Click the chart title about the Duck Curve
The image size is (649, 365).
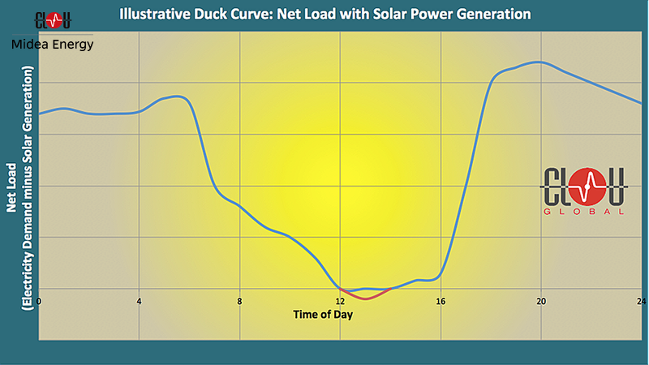(x=324, y=15)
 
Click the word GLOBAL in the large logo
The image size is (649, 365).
(x=584, y=212)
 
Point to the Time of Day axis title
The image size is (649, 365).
(x=323, y=314)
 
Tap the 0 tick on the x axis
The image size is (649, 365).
(x=39, y=301)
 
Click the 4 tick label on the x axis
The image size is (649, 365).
(x=140, y=301)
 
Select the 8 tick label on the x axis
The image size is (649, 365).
(x=240, y=301)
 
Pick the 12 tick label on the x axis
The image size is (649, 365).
(x=341, y=301)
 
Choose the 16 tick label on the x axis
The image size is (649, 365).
(x=442, y=301)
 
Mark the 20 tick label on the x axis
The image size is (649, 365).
(x=542, y=301)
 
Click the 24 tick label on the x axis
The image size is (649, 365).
(x=642, y=301)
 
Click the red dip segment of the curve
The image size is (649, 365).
(x=366, y=298)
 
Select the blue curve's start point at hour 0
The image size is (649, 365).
(x=40, y=114)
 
